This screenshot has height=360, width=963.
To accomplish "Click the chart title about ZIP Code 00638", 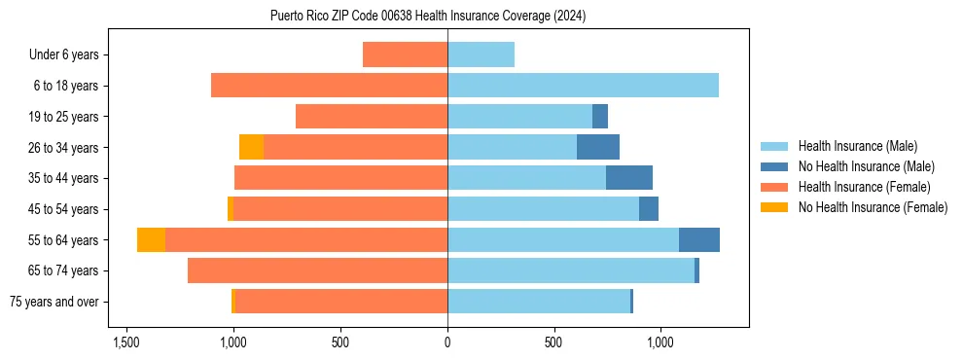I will pos(427,16).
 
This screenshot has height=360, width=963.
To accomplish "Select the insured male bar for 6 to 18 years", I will pos(583,86).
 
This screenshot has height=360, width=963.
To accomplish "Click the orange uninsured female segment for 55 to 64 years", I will pos(151,239).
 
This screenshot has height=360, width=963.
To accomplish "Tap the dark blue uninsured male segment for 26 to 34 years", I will pos(598,147).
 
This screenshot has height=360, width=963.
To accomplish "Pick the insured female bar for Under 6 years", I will pos(405,54).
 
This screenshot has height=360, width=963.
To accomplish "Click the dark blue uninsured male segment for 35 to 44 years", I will pos(629,178).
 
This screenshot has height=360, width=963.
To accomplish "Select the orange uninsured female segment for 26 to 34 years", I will pos(251,147).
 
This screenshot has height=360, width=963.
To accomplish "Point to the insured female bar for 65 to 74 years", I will pos(317,270).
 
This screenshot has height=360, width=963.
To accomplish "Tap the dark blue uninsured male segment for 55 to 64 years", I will pos(699,239).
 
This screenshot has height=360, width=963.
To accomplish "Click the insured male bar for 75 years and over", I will pos(539,302).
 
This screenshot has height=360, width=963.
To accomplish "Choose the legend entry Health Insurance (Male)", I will pos(857,146).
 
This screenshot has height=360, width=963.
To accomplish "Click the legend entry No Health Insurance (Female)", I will pos(873,207).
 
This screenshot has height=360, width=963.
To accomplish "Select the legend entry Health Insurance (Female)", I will pos(864,187).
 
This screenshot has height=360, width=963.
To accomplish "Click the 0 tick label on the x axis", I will pos(447,342).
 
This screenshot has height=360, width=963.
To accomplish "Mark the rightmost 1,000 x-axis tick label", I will pos(660,342).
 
